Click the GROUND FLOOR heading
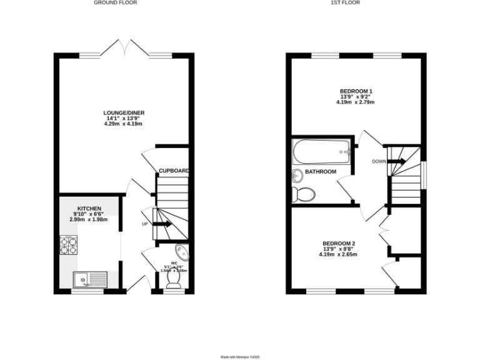(x=115, y=2)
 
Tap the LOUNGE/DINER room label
(x=123, y=112)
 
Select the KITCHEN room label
(x=89, y=208)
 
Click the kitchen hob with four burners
(x=68, y=244)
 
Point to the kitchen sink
(x=87, y=279)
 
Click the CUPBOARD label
(x=174, y=171)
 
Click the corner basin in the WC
(x=182, y=252)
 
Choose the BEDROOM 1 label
(x=356, y=91)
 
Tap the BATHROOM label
(x=321, y=171)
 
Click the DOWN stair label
(x=379, y=161)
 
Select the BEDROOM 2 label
(x=339, y=243)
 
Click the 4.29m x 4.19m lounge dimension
(x=123, y=124)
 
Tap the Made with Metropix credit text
(x=240, y=357)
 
